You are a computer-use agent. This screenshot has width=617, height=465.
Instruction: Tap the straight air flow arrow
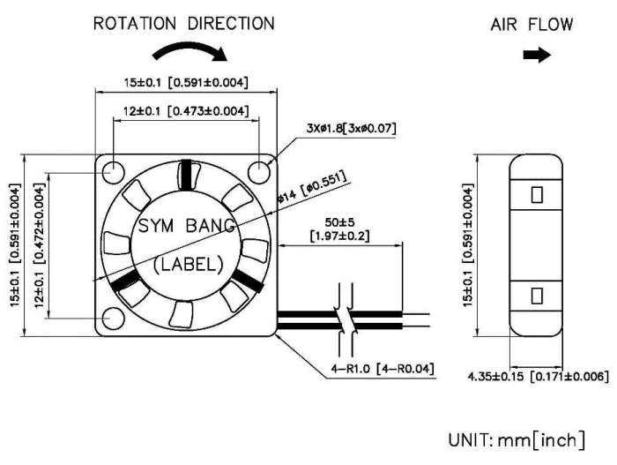537,56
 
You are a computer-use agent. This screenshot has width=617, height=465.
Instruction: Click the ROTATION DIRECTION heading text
183,24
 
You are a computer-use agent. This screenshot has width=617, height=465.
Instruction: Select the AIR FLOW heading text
532,25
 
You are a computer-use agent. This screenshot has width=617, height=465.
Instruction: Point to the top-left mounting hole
114,172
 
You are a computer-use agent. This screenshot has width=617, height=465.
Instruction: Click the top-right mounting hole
259,172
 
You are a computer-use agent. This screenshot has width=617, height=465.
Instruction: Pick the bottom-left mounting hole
114,319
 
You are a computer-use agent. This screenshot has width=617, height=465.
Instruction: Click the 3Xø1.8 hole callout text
351,128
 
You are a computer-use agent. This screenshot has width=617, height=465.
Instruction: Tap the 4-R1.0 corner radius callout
383,369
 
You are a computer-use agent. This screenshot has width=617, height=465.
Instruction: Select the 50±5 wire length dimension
339,229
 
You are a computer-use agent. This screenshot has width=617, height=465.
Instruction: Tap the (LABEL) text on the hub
188,265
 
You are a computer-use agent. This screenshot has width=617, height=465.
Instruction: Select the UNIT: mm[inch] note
517,439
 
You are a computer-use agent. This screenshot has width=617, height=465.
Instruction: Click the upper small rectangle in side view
537,195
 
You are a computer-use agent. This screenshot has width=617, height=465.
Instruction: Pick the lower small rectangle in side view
537,296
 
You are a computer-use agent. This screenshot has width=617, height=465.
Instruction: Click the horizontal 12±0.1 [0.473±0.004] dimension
186,111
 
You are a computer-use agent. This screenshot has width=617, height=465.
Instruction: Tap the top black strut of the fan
186,174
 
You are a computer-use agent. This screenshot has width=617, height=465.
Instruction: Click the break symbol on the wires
346,319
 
